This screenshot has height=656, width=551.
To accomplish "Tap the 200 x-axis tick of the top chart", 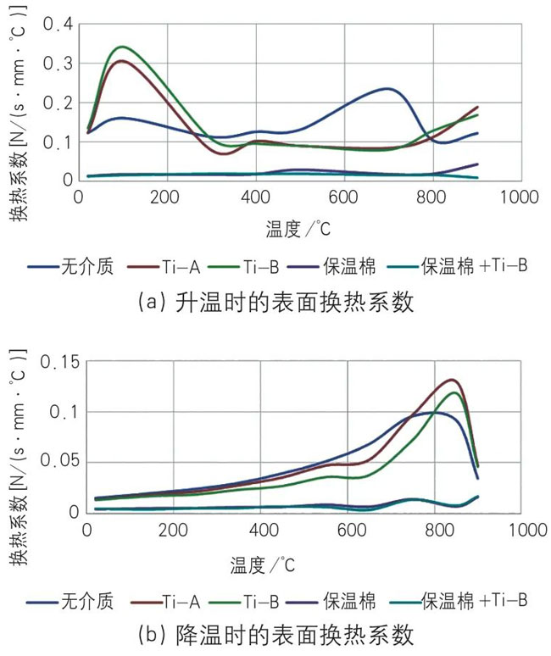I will [166, 197].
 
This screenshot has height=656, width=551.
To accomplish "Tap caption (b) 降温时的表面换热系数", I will [275, 635].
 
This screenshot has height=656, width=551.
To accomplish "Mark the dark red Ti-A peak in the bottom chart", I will [452, 380].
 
